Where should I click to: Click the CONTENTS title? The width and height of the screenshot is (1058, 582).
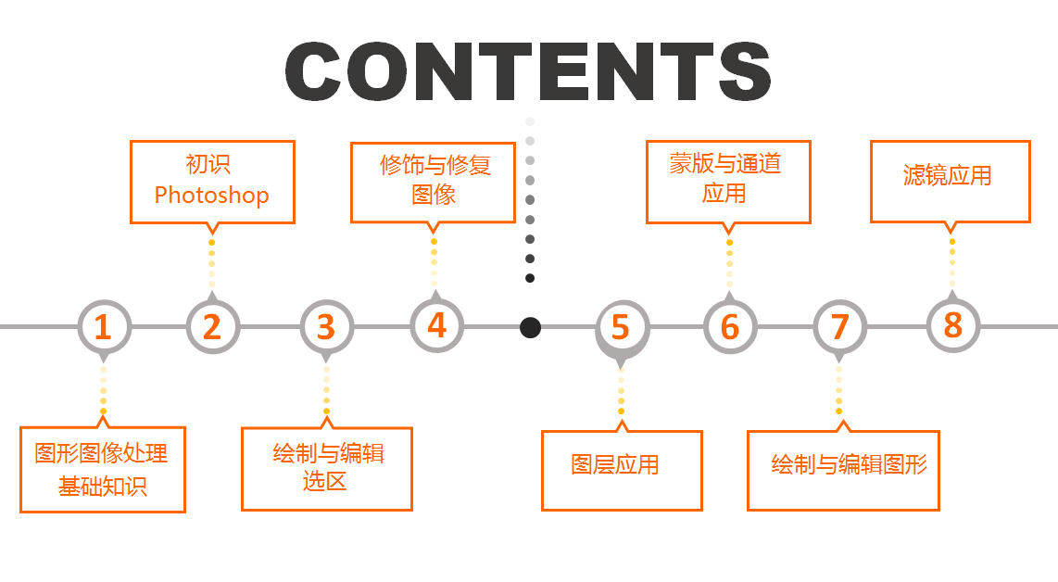(528, 71)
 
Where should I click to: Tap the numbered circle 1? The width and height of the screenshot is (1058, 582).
(103, 326)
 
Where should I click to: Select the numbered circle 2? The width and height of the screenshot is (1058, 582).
(213, 326)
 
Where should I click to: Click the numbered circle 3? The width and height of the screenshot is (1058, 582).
(326, 326)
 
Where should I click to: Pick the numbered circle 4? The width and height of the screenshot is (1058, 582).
(436, 325)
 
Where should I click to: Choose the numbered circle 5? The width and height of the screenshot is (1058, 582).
(621, 327)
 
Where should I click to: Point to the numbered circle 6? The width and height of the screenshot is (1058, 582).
(730, 326)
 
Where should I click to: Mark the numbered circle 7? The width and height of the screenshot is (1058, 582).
(839, 326)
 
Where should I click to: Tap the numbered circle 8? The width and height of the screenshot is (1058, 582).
(952, 325)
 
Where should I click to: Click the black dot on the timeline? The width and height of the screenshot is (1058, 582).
(530, 327)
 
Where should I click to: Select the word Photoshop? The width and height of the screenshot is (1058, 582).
(211, 196)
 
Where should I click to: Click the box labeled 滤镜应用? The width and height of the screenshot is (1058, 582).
(950, 182)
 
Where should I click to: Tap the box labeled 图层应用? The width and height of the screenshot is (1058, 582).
(622, 470)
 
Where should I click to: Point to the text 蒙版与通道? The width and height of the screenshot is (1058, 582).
(725, 165)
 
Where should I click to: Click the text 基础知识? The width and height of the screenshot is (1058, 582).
(103, 486)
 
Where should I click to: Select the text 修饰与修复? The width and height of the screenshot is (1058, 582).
(435, 165)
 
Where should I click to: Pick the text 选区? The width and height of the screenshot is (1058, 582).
(325, 481)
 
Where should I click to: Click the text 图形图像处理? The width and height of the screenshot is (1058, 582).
(102, 453)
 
